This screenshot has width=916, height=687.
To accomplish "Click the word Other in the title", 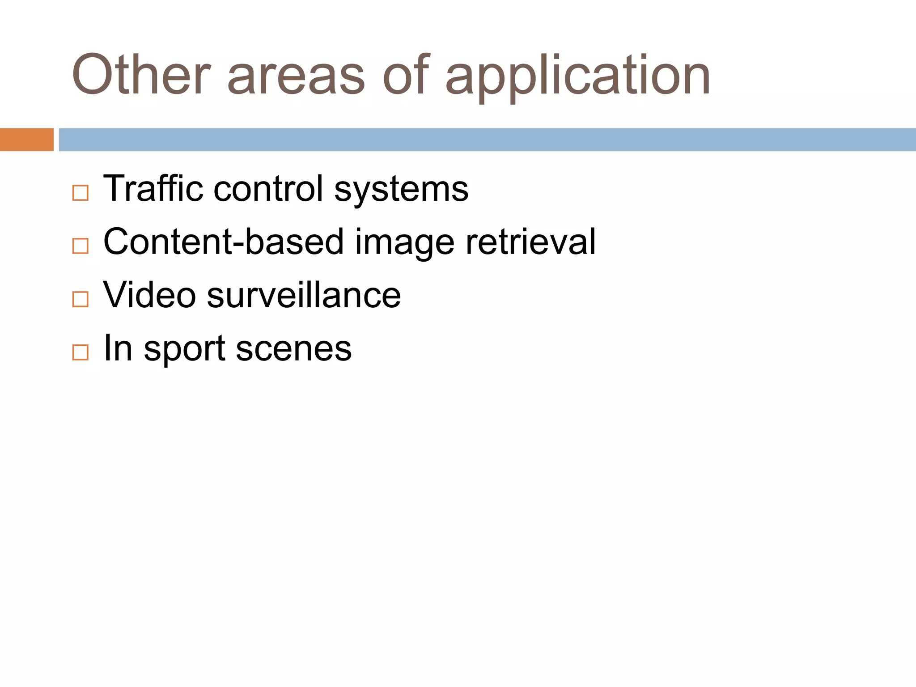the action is [x=141, y=75].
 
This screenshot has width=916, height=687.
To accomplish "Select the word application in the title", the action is [x=578, y=77].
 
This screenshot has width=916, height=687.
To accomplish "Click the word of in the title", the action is [x=406, y=75].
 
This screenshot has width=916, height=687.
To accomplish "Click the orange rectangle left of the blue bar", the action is [x=26, y=140].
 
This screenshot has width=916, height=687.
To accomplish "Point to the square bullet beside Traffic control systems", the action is [x=81, y=193].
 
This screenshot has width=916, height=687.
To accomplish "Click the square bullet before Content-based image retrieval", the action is [x=81, y=246].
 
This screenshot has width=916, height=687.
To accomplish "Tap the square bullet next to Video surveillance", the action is [x=81, y=299].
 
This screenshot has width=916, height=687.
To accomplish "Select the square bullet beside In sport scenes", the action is [x=81, y=352].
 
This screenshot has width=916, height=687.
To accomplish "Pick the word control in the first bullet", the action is [x=268, y=188].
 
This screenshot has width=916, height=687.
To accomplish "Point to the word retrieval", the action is [x=530, y=242].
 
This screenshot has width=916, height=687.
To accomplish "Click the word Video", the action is [x=149, y=295].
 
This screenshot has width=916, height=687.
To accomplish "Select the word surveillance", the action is [x=304, y=295].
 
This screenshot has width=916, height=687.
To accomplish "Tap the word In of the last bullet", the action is [x=118, y=348].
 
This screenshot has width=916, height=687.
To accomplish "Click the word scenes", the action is [x=293, y=349].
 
